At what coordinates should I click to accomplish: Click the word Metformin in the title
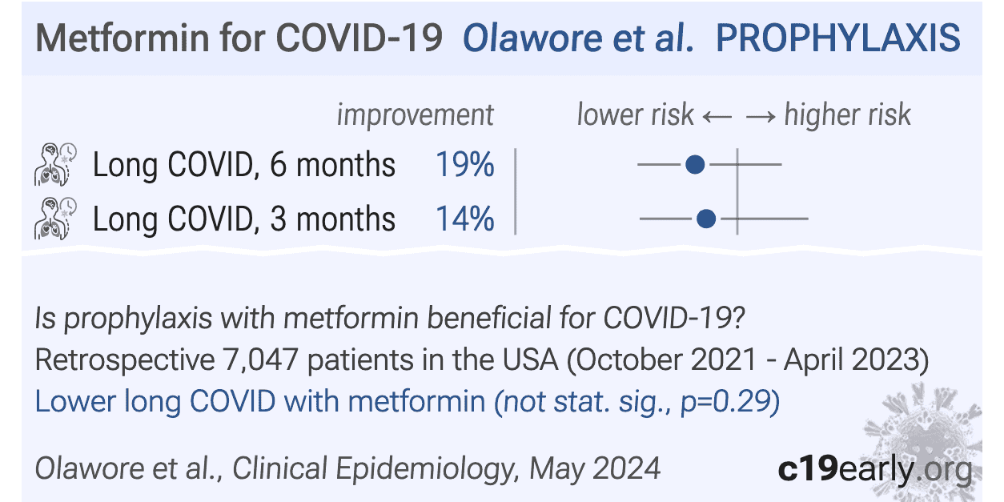click(122, 38)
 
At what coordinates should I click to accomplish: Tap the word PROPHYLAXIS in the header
click(838, 38)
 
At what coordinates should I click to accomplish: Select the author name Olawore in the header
click(532, 38)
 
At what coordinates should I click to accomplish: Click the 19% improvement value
click(465, 164)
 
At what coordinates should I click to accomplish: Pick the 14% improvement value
click(465, 219)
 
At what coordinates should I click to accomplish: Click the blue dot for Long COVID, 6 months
click(695, 164)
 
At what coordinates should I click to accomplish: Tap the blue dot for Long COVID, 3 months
click(706, 219)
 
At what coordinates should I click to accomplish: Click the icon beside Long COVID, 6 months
click(55, 164)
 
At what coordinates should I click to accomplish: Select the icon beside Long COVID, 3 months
click(55, 219)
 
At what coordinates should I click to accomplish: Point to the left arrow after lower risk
click(717, 118)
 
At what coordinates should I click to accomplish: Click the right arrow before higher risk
click(761, 118)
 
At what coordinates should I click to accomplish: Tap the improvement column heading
click(415, 115)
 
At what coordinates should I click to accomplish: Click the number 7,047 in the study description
click(260, 360)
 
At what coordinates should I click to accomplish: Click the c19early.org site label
click(875, 469)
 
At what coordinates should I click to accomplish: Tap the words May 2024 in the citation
click(595, 469)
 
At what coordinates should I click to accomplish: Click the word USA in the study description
click(531, 360)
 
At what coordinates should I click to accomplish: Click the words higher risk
click(848, 114)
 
